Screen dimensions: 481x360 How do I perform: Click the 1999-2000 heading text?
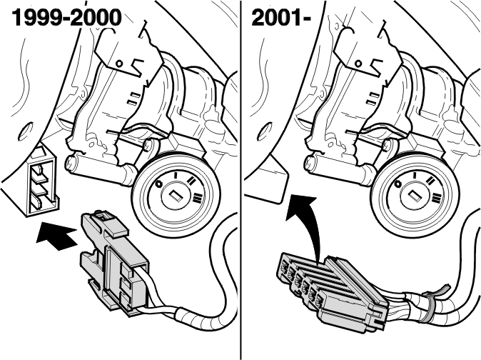pos(66,18)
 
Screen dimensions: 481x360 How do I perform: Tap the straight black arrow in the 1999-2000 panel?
pos(56,236)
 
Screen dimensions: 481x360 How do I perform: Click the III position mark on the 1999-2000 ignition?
pos(197,198)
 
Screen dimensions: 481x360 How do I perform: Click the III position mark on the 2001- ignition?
pos(436,198)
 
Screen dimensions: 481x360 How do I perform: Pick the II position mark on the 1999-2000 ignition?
pos(192,181)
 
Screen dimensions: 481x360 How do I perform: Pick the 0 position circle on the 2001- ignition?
pos(398,184)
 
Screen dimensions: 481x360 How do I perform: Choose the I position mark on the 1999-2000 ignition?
pos(176,175)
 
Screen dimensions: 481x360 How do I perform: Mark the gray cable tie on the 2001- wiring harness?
pos(430,304)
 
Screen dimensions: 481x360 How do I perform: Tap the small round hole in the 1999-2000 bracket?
pos(119,64)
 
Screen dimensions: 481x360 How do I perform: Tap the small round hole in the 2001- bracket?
pos(358,64)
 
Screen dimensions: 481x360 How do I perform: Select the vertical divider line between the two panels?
pos(241,180)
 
